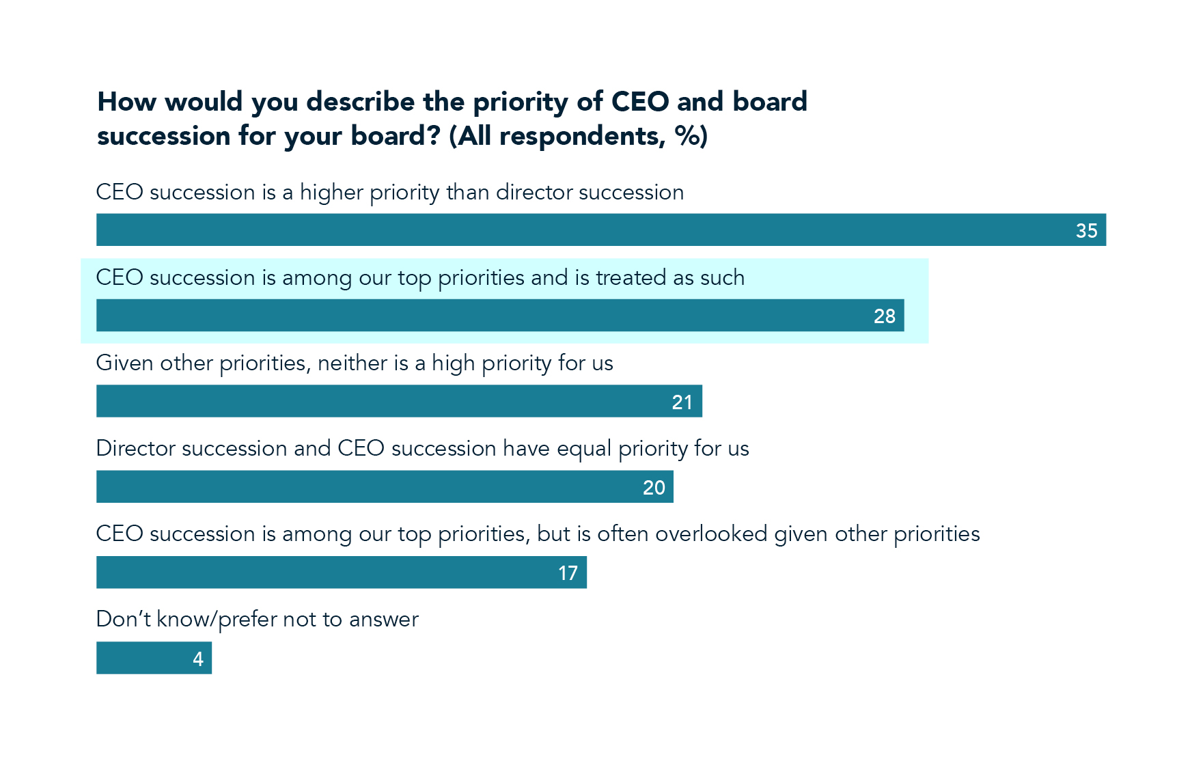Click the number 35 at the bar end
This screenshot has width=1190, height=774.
pos(1086,231)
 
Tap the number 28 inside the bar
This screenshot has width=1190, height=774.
pos(884,316)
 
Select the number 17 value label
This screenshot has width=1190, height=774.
pos(568,573)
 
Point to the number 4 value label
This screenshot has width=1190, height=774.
pos(198,659)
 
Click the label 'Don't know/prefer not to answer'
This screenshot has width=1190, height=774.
pos(257,619)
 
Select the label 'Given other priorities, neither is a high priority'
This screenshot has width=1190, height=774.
pos(355,363)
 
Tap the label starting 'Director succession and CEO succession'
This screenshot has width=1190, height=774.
pos(422,448)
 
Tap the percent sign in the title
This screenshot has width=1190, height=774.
pos(687,136)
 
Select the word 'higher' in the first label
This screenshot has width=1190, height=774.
pos(331,193)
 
